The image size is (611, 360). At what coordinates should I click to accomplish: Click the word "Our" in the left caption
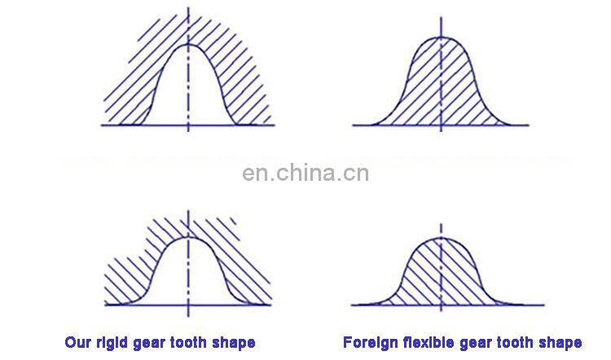click(x=77, y=342)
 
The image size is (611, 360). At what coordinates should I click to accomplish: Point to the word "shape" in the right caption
click(x=559, y=342)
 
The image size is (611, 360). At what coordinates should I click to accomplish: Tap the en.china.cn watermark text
click(x=305, y=173)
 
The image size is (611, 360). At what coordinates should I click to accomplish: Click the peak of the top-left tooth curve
click(x=188, y=44)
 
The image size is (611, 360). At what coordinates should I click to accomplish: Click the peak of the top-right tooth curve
click(x=441, y=37)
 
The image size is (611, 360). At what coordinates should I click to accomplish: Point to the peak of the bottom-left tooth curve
click(x=189, y=237)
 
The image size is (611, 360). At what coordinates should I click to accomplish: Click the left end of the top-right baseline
click(x=353, y=125)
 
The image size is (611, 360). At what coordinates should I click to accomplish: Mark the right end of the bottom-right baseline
click(x=528, y=305)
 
